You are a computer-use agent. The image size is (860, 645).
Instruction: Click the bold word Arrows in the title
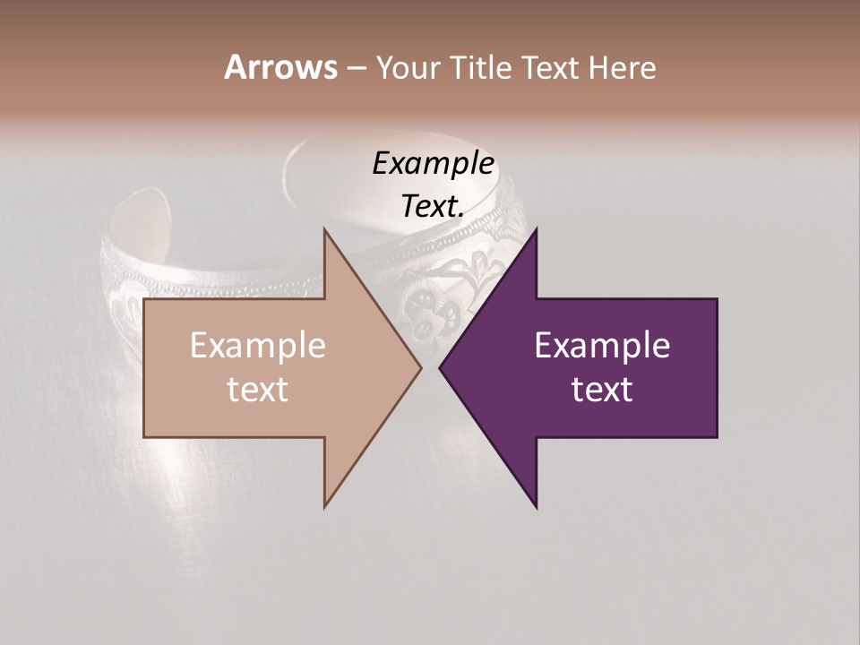point(280,67)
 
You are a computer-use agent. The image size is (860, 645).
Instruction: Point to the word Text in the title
point(549,68)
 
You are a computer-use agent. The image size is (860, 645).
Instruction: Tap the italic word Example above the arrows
point(434,164)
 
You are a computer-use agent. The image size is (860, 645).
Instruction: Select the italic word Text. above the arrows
point(433,206)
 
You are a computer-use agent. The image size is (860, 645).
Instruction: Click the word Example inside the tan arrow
point(258,346)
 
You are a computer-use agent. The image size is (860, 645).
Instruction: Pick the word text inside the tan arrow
point(258,390)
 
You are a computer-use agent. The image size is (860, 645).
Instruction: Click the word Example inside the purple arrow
point(602,346)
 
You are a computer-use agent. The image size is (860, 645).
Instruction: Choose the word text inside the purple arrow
point(602,390)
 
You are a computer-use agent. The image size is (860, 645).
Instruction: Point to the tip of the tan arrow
point(420,367)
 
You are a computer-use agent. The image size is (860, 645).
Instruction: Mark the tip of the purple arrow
point(440,367)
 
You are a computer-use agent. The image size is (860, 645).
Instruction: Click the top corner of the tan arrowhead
point(325,229)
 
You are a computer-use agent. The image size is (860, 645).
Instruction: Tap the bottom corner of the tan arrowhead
point(325,507)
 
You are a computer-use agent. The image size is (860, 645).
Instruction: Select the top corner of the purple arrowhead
point(536,229)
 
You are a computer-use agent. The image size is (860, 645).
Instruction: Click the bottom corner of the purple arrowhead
point(536,507)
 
